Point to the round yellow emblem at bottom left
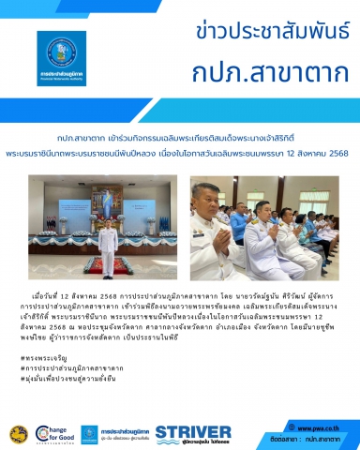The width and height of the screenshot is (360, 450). (x=18, y=434)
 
